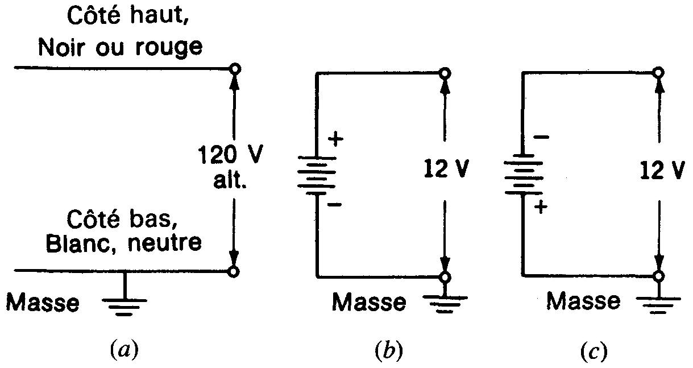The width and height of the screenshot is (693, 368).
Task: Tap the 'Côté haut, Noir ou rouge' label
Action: click(119, 34)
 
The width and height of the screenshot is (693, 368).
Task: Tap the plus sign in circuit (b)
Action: click(337, 139)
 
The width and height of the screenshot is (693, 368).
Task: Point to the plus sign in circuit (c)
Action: click(541, 208)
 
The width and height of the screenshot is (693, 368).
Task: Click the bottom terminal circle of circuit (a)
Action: click(233, 272)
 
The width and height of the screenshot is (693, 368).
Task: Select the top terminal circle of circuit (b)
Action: click(445, 73)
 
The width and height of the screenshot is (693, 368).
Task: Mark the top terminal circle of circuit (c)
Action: click(658, 72)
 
